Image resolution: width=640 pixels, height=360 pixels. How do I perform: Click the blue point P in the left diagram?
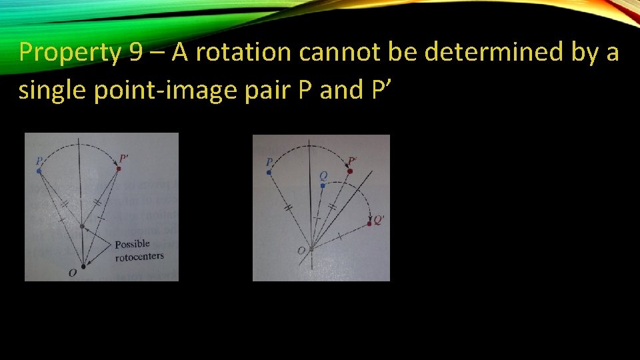[x=39, y=171]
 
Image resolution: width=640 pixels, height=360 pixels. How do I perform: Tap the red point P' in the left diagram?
[x=119, y=169]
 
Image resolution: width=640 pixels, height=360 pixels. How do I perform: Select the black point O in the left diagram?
[x=83, y=266]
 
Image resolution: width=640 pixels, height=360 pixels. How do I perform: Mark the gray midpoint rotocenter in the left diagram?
[x=82, y=227]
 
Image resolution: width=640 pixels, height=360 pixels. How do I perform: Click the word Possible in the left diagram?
[x=132, y=245]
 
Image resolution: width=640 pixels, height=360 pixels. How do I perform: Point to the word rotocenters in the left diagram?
[x=139, y=256]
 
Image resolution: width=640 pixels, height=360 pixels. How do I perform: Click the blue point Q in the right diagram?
[x=323, y=186]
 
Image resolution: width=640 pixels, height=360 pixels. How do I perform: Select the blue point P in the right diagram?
[x=269, y=173]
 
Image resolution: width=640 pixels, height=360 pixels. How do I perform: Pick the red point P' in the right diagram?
[x=349, y=171]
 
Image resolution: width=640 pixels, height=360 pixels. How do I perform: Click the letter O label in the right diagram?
[x=301, y=251]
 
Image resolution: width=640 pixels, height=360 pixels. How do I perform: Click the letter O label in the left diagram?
[x=72, y=272]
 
